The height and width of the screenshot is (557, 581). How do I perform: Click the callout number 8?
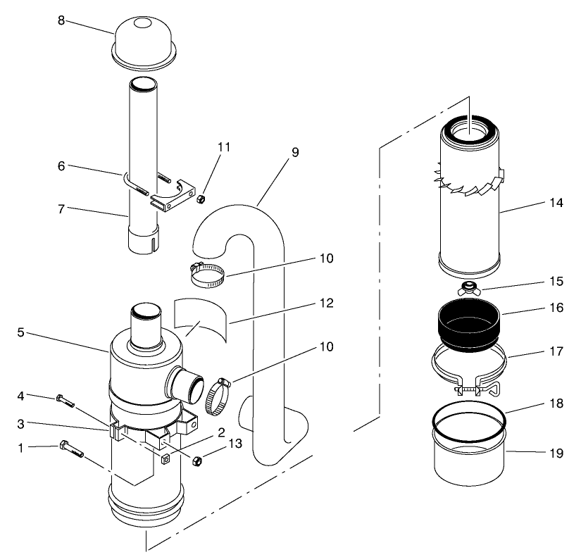[x=61, y=20]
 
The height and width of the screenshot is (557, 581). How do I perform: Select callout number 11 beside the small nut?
[x=224, y=147]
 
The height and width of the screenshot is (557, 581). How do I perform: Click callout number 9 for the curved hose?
[x=294, y=152]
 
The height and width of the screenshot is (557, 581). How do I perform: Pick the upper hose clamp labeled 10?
[x=208, y=275]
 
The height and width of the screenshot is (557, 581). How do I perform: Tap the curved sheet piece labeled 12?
[x=200, y=319]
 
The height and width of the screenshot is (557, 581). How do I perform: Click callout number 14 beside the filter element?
[x=556, y=203]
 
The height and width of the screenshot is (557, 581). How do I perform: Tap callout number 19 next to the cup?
[x=556, y=453]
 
